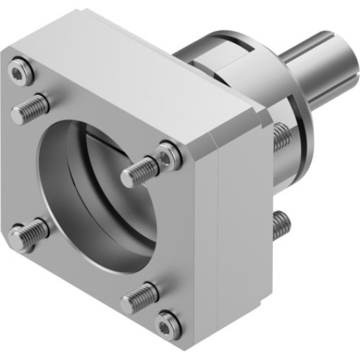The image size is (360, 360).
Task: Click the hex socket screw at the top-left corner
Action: click(21, 71)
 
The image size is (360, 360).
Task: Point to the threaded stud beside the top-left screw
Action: click(30, 108)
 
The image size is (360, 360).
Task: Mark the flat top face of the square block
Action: click(137, 72)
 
